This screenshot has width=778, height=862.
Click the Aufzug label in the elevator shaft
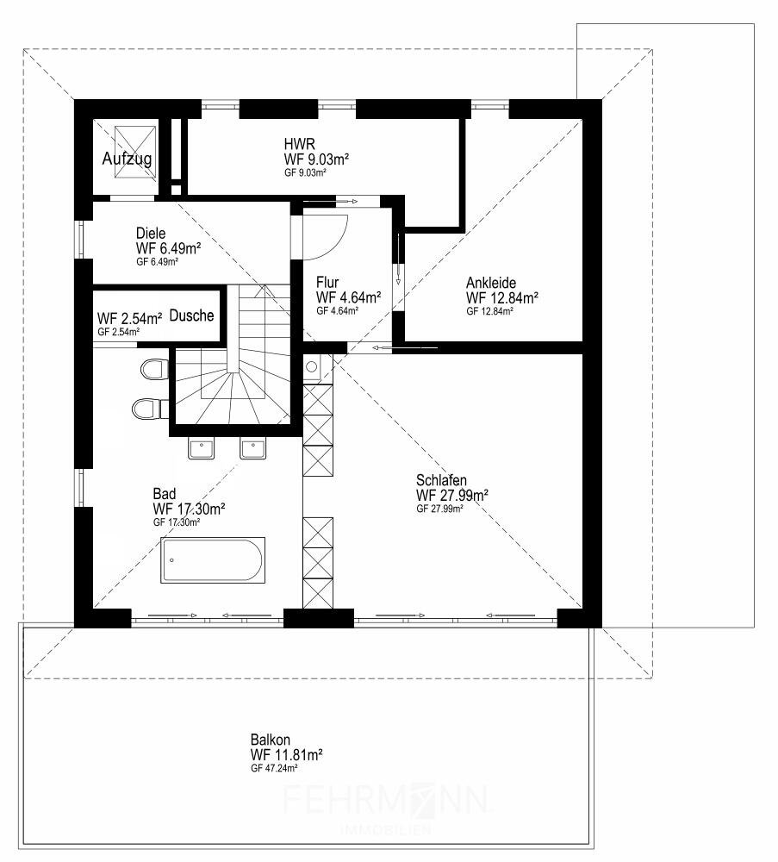pos(127,159)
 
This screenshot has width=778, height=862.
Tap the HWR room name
pos(300,144)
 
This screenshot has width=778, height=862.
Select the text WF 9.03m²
pos(317,159)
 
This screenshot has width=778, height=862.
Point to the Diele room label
pos(151,233)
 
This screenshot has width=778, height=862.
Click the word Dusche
pos(192,315)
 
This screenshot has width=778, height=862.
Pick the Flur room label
pos(327,283)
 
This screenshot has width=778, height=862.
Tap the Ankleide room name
pos(491,283)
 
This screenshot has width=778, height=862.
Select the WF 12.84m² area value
pos(502,298)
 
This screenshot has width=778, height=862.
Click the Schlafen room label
pos(441,480)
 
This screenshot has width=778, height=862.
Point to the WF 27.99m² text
pos(452,495)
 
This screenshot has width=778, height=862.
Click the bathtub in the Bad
pos(213,560)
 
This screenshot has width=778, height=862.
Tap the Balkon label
pos(271,740)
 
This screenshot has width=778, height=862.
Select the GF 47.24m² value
pos(274,768)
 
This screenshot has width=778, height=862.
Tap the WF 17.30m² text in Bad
pos(189,509)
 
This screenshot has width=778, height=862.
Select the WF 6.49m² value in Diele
pos(169,248)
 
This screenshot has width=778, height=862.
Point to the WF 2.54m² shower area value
pos(129,318)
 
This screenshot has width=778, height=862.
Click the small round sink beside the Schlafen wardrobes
pos(313,367)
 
